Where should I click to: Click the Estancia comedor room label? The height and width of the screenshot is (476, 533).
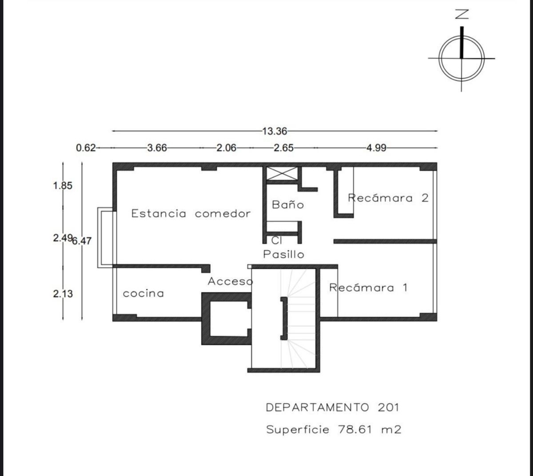click(x=191, y=213)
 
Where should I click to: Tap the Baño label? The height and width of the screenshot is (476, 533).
click(x=288, y=205)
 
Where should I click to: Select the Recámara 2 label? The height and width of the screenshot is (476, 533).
click(x=388, y=198)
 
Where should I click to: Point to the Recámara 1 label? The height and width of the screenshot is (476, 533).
click(x=368, y=287)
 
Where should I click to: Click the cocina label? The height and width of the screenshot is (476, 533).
click(x=143, y=293)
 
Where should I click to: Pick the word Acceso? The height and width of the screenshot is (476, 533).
click(x=230, y=281)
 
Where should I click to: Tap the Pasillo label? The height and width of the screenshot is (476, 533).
click(x=283, y=254)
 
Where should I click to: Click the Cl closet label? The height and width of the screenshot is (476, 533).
click(x=276, y=240)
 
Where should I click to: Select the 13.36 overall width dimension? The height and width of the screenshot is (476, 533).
click(x=274, y=131)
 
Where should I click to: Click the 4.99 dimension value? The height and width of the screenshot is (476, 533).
click(x=377, y=148)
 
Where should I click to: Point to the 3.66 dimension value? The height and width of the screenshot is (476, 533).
click(x=157, y=148)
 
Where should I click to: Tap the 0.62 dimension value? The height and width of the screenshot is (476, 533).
click(x=86, y=148)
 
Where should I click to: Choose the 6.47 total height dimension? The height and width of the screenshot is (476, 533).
click(x=82, y=241)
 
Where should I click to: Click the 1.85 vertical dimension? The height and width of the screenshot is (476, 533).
click(x=63, y=186)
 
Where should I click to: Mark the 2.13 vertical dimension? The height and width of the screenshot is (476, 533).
click(x=63, y=294)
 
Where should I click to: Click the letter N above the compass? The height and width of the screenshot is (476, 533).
click(x=462, y=14)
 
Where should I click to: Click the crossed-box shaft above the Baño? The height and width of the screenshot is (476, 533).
click(x=282, y=173)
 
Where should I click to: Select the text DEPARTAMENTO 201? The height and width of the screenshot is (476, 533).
click(x=333, y=407)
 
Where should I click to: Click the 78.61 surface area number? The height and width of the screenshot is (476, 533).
click(x=355, y=429)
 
